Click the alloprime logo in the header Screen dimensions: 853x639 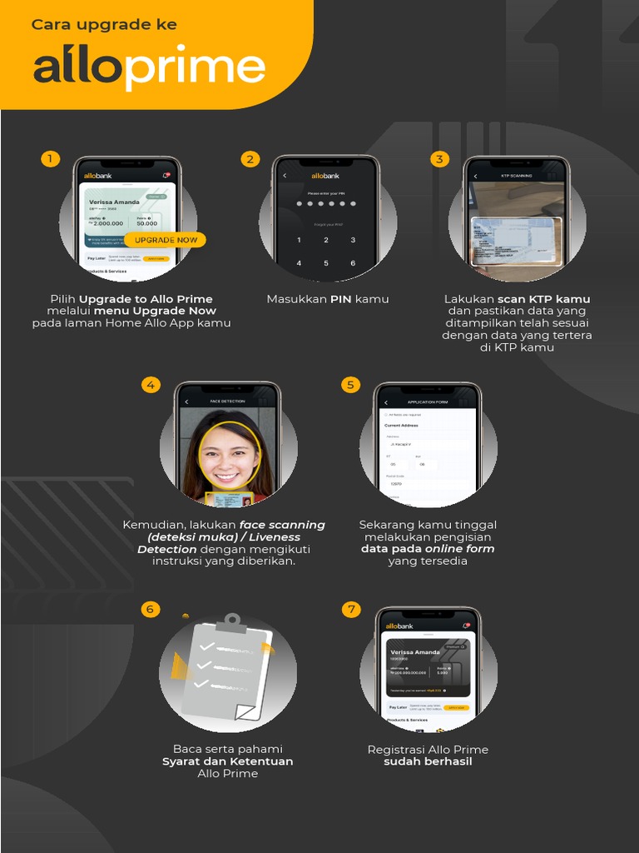pyautogui.click(x=149, y=67)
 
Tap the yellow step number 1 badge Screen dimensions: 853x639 pyautogui.click(x=51, y=158)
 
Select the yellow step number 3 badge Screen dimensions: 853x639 pyautogui.click(x=440, y=158)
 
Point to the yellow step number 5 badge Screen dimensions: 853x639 pyautogui.click(x=350, y=384)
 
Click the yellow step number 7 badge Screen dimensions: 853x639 pyautogui.click(x=351, y=609)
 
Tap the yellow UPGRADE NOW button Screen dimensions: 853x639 pyautogui.click(x=166, y=240)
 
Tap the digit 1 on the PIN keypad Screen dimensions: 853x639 pyautogui.click(x=300, y=240)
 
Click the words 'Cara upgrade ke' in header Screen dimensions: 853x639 pyautogui.click(x=104, y=25)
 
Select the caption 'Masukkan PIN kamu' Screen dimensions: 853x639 pyautogui.click(x=328, y=299)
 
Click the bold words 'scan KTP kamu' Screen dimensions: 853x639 pyautogui.click(x=544, y=299)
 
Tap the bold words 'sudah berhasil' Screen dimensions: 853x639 pyautogui.click(x=428, y=761)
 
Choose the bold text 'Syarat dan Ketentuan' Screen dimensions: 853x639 pyautogui.click(x=227, y=761)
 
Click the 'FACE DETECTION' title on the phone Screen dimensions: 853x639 pyautogui.click(x=227, y=402)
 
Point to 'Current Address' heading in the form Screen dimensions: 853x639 pyautogui.click(x=401, y=426)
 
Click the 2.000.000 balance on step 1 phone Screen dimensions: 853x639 pyautogui.click(x=108, y=223)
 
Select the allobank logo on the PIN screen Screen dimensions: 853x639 pyautogui.click(x=325, y=176)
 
